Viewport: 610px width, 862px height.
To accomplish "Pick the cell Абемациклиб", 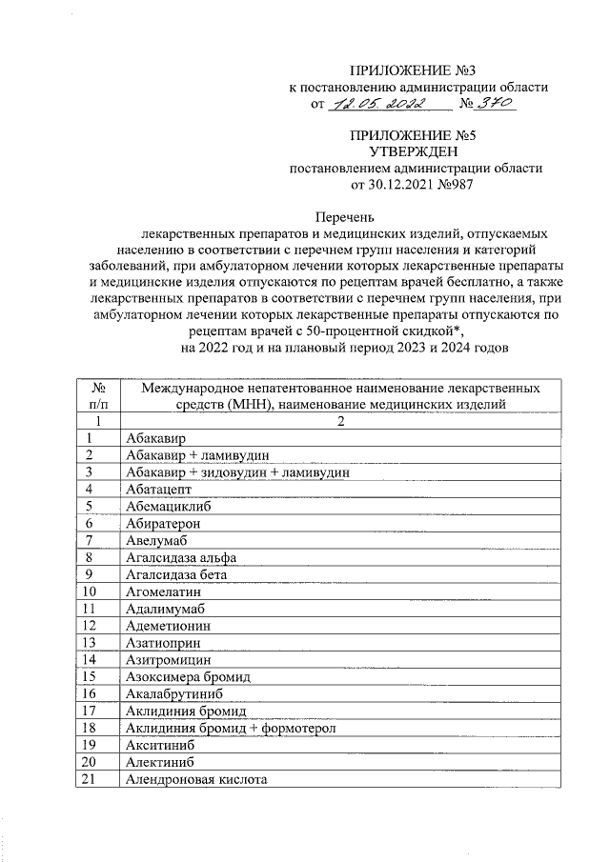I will point(168,506).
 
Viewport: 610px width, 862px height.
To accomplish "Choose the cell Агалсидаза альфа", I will point(180,557).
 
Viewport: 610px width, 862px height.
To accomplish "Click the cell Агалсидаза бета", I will point(176,574).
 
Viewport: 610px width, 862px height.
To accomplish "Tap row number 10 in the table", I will point(91,591).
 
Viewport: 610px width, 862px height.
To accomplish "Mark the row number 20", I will point(91,762).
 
